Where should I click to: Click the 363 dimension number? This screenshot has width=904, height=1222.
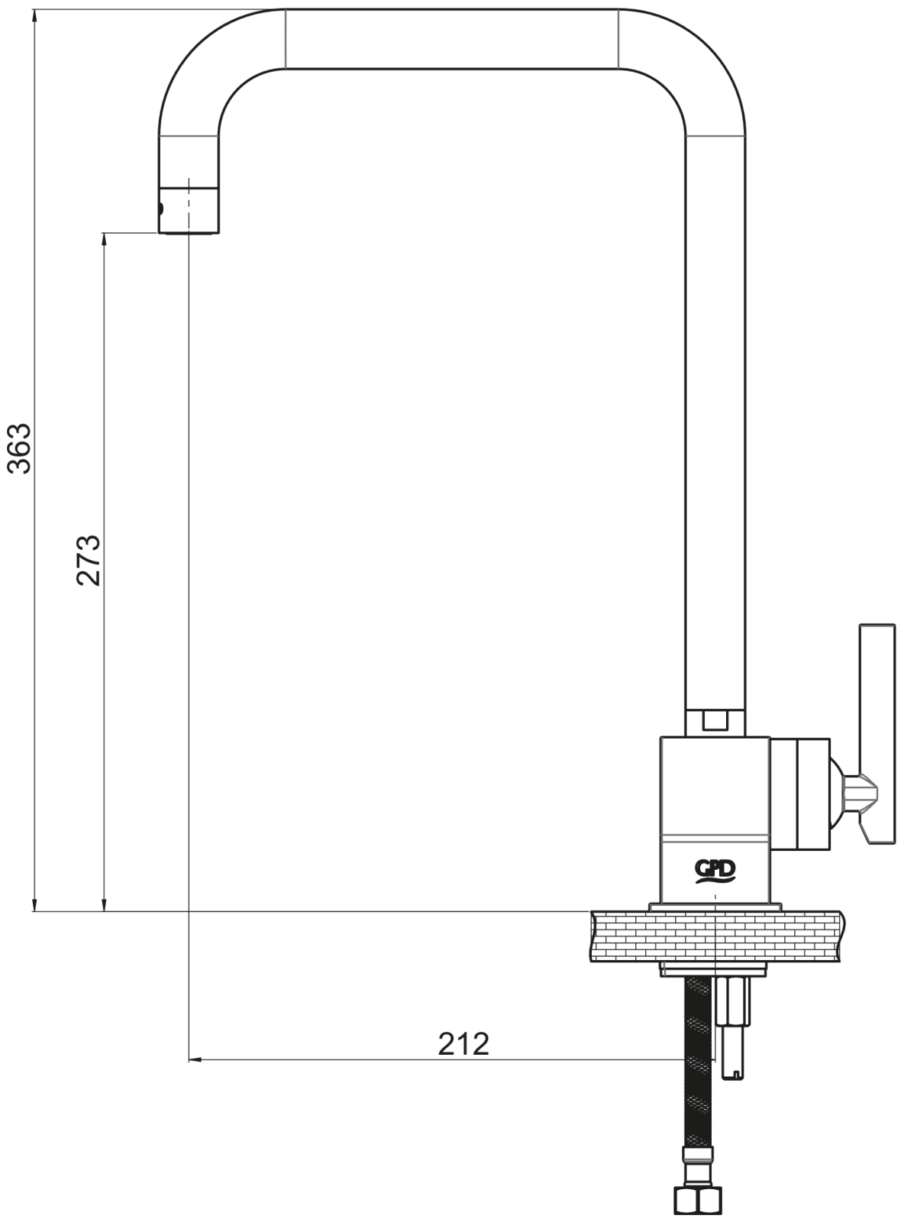pyautogui.click(x=20, y=448)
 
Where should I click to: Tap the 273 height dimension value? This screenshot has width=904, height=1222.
pyautogui.click(x=89, y=561)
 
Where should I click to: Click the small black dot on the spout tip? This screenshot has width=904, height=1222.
pyautogui.click(x=161, y=209)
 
